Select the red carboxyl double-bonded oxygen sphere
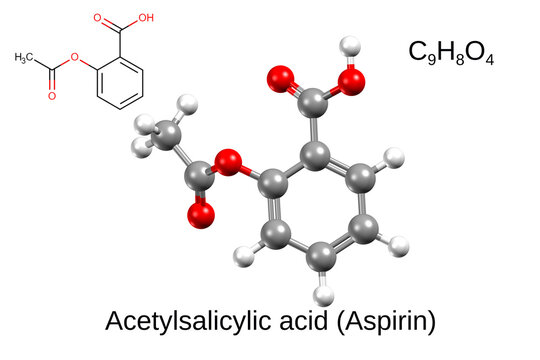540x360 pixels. click(x=282, y=79)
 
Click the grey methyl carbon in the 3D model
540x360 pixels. click(x=170, y=137)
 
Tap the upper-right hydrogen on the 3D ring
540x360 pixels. click(x=395, y=158)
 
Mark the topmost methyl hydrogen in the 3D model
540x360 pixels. click(x=183, y=103)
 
